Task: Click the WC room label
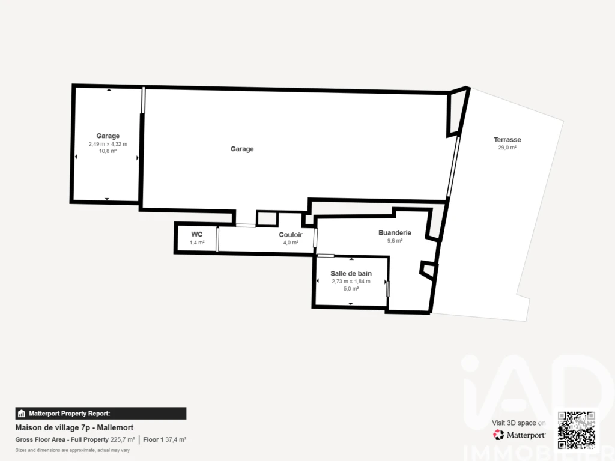point(197,235)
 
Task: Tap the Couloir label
point(291,235)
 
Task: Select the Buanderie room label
point(395,233)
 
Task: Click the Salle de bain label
point(351,274)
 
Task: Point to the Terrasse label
point(507,140)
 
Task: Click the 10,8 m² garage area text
point(108,151)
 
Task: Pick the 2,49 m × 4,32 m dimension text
point(108,144)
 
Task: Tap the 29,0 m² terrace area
point(507,148)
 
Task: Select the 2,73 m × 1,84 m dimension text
point(351,282)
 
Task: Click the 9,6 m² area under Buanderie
point(395,241)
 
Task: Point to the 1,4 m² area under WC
point(197,243)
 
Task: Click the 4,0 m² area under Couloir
point(291,243)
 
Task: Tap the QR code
point(577,430)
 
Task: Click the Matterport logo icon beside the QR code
point(498,435)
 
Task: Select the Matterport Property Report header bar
point(101,414)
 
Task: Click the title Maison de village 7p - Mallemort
point(74,427)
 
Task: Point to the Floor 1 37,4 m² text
point(165,440)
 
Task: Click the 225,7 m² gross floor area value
point(123,440)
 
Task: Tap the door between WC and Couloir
point(217,239)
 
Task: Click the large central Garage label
point(242,149)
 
